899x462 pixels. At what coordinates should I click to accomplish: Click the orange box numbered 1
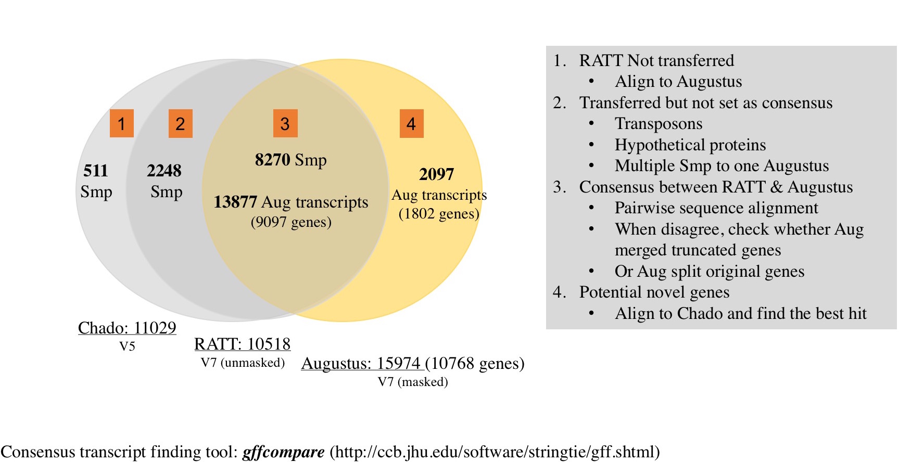coord(121,123)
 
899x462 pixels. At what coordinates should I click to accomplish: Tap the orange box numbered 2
coord(180,123)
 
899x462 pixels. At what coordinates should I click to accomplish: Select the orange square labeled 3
coord(285,123)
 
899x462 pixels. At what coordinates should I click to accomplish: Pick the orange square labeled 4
coord(411,123)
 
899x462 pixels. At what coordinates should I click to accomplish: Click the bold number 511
coord(96,171)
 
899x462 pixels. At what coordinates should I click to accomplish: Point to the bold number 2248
coord(164,171)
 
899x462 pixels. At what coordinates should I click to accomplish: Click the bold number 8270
coord(272,160)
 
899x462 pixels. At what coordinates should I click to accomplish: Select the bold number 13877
coord(235,202)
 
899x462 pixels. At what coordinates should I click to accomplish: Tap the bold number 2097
coord(436,174)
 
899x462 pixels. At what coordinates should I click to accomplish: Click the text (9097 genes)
coord(291,222)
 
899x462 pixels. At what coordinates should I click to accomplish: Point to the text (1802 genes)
coord(439,214)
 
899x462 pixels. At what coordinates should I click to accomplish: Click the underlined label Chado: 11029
coord(127,328)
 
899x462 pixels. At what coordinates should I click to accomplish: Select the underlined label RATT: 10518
coord(242,344)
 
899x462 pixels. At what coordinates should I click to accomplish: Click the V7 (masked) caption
coord(413,382)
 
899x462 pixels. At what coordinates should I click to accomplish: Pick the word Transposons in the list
coord(658,124)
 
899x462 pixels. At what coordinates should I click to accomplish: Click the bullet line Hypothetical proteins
coord(690,145)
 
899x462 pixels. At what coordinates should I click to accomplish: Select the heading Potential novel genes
coord(654,292)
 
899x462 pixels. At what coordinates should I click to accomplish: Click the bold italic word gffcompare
coord(284,452)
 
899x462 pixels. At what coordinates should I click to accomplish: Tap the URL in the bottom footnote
coord(495,452)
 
